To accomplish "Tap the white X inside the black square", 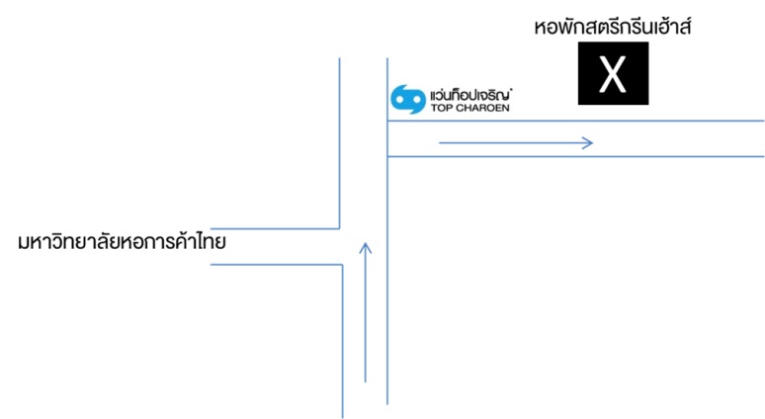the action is pos(613,74).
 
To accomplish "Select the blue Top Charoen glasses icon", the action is pos(408,99).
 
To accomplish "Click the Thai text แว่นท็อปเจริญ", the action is pos(470,95).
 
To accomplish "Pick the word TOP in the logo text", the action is pos(442,108).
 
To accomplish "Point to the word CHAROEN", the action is pos(482,108).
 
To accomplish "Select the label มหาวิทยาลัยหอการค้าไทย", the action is pos(122,242).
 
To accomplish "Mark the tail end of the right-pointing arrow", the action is pos(440,143).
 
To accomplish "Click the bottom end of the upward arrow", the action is pos(366,381).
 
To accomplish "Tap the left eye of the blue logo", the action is pos(400,100).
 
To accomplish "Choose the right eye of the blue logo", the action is pos(416,100).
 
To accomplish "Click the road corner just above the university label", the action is pos(339,228).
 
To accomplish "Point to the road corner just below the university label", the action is pos(343,265).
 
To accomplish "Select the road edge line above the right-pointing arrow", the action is pos(575,121).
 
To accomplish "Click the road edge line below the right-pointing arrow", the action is pos(575,156).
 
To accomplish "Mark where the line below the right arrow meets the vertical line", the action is pos(387,156).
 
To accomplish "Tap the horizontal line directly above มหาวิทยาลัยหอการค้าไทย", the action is pos(275,228).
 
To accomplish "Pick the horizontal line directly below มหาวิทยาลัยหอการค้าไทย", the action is pos(277,265).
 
